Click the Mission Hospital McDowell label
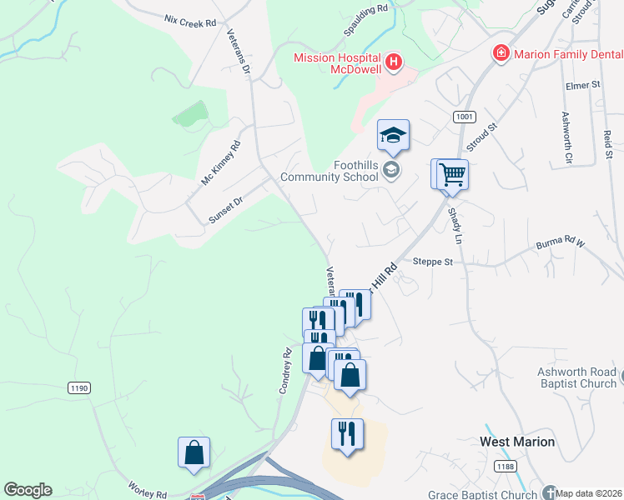(x=337, y=63)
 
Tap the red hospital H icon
(x=394, y=62)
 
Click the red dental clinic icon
(x=501, y=53)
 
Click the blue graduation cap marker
(x=394, y=136)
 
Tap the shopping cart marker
(x=452, y=175)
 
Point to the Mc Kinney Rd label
(x=221, y=162)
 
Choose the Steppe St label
(x=432, y=262)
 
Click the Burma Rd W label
(x=561, y=246)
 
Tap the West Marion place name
(x=517, y=442)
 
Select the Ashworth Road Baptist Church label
(x=576, y=377)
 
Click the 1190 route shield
(x=78, y=388)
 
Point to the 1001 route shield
(x=465, y=117)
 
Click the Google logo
(x=28, y=490)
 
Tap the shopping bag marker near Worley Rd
(x=194, y=452)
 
